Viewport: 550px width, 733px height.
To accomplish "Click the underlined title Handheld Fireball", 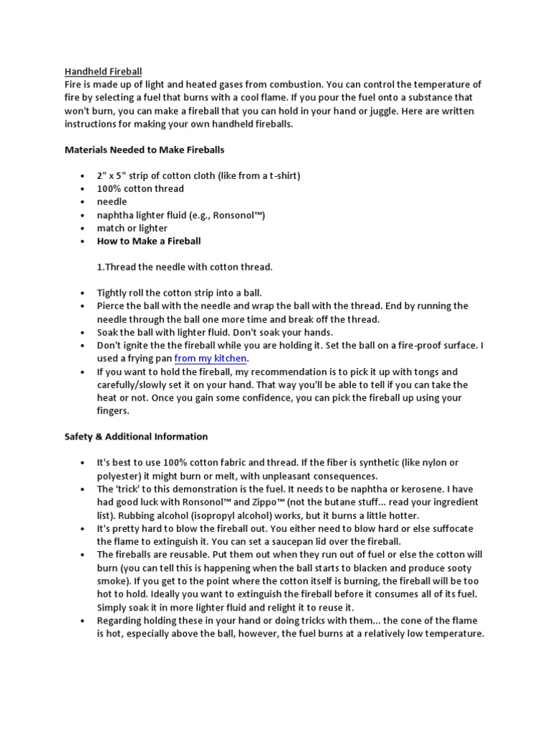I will (103, 72).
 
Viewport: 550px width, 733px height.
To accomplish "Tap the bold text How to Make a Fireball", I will (149, 241).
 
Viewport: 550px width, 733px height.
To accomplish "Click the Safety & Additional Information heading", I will (136, 437).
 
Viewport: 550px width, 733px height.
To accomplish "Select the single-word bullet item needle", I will (112, 202).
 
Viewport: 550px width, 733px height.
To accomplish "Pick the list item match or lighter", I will (132, 228).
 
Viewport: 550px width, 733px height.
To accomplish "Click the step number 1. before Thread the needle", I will (101, 267).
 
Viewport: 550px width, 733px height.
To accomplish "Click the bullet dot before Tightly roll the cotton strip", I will (83, 293).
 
